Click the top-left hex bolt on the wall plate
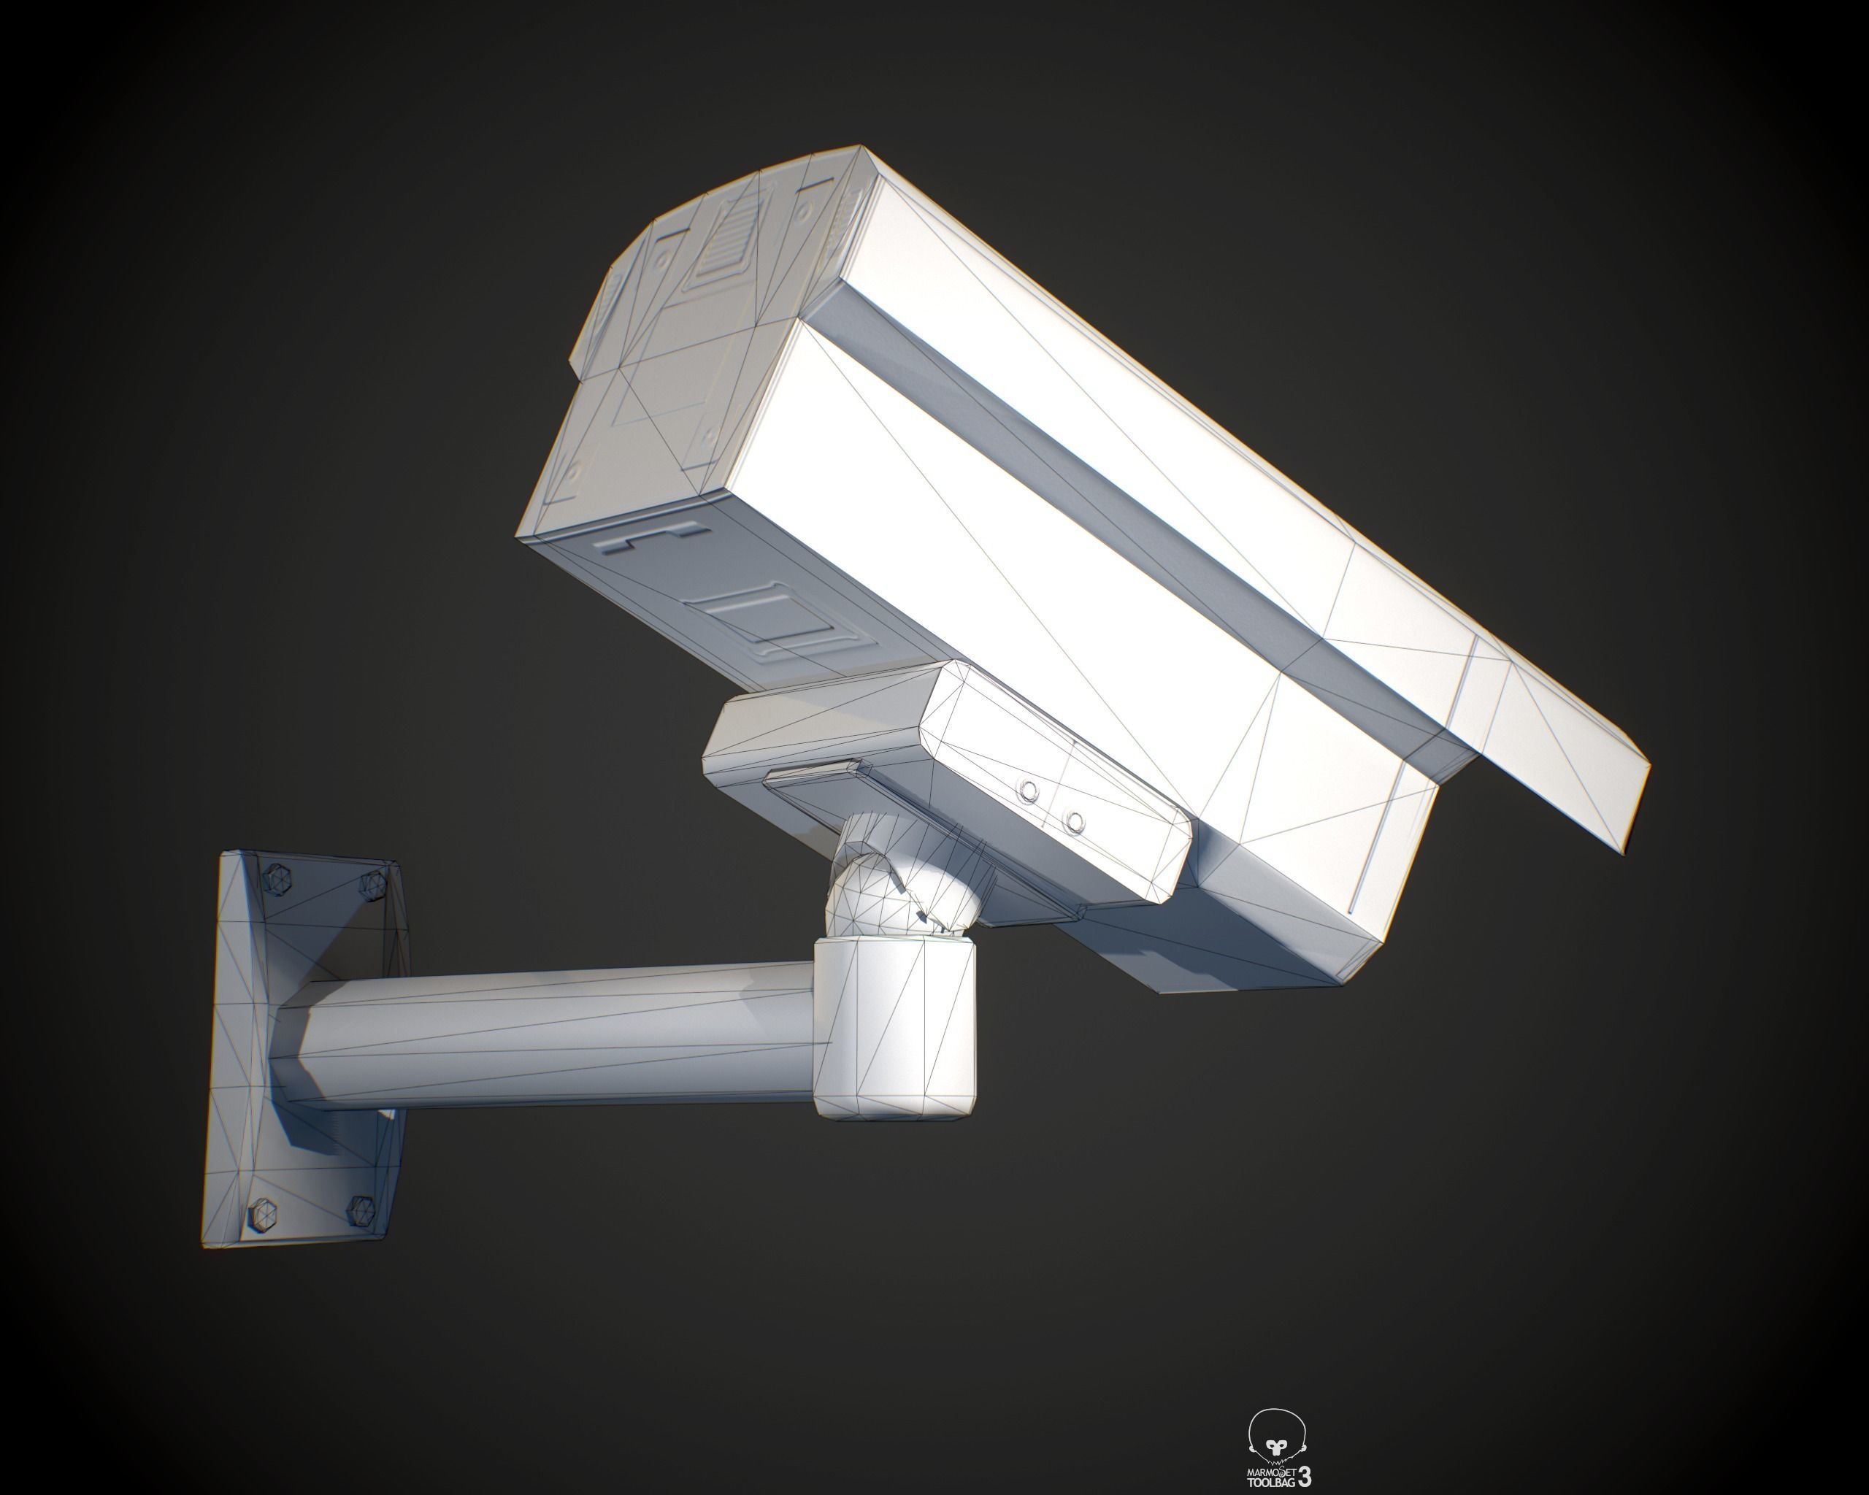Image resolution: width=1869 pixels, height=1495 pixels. coord(278,880)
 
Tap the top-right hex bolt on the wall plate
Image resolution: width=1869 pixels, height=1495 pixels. coord(373,883)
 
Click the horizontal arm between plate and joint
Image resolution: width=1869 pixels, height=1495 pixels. coord(555,1036)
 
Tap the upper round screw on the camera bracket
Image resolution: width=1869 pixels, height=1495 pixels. coord(1029,791)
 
